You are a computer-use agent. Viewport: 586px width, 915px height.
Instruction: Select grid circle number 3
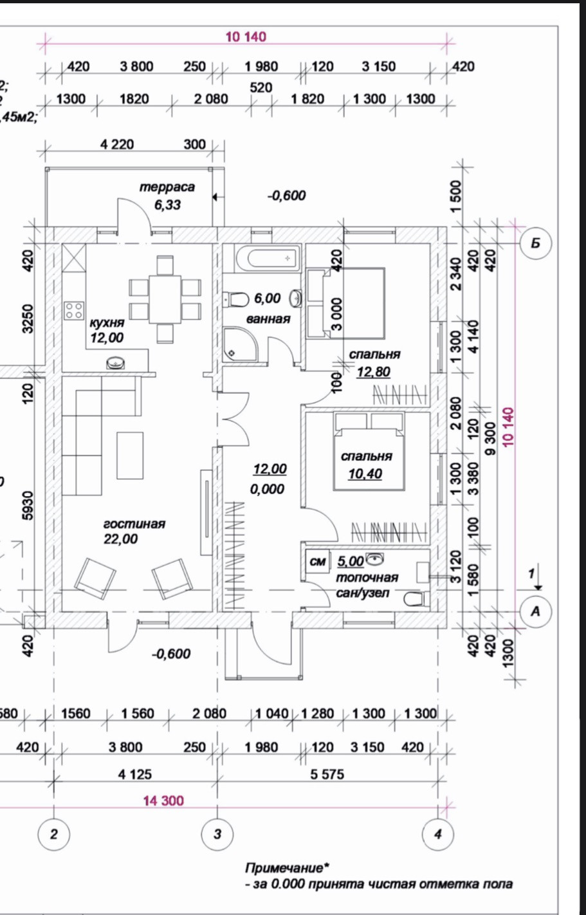[x=217, y=835]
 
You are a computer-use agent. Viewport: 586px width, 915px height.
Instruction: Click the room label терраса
[x=167, y=187]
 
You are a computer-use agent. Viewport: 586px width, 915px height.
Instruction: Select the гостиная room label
[x=134, y=524]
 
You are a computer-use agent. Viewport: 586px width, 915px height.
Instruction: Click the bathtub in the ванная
[x=264, y=258]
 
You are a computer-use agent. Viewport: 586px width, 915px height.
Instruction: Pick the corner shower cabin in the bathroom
[x=241, y=344]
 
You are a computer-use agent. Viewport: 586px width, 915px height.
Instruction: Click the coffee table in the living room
[x=130, y=455]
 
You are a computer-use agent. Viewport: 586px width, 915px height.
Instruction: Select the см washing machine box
[x=318, y=562]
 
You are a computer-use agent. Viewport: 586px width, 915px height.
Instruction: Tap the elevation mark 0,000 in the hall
[x=267, y=489]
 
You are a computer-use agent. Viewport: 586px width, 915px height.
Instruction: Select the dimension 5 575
[x=327, y=774]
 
